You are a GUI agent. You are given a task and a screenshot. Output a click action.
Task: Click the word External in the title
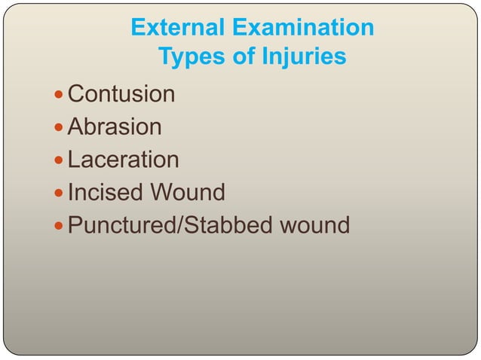pyautogui.click(x=176, y=28)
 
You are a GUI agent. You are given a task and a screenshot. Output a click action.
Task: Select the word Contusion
pyautogui.click(x=121, y=94)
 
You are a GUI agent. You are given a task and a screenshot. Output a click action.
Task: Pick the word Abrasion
pyautogui.click(x=115, y=127)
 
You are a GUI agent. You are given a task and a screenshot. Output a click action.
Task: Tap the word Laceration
pyautogui.click(x=124, y=160)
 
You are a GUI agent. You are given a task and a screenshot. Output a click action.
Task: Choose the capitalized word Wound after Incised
pyautogui.click(x=188, y=192)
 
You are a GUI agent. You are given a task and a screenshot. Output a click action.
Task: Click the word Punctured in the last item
pyautogui.click(x=121, y=225)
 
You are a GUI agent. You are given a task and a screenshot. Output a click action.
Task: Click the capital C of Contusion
pyautogui.click(x=75, y=94)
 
